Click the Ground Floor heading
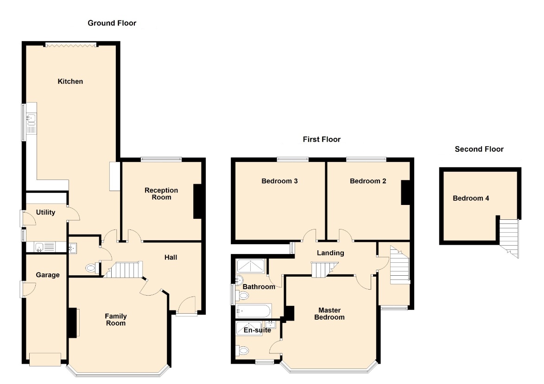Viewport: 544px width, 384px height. coord(112,23)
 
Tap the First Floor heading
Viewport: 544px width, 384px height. coord(322,140)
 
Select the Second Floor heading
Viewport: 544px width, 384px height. coord(479,149)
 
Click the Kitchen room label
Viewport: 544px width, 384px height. coord(70,81)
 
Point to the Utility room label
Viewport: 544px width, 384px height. coord(45,212)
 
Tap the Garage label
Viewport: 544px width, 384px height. coord(48,275)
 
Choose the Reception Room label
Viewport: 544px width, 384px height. coord(161,193)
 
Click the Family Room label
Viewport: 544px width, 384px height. coord(116,320)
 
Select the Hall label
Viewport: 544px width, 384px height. coord(171,257)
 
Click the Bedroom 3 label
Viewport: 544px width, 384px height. coord(279,181)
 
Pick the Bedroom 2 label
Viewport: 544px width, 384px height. coord(368,181)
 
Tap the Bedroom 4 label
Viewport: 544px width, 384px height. coord(471,198)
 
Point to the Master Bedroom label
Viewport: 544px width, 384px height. coord(329,314)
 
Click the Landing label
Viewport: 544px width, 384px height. coord(330,253)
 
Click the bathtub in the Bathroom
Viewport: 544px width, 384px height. coord(253,311)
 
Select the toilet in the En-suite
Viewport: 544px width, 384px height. coord(242,351)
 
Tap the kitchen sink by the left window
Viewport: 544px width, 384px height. coord(31,120)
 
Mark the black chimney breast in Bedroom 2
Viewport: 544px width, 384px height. coord(405,192)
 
